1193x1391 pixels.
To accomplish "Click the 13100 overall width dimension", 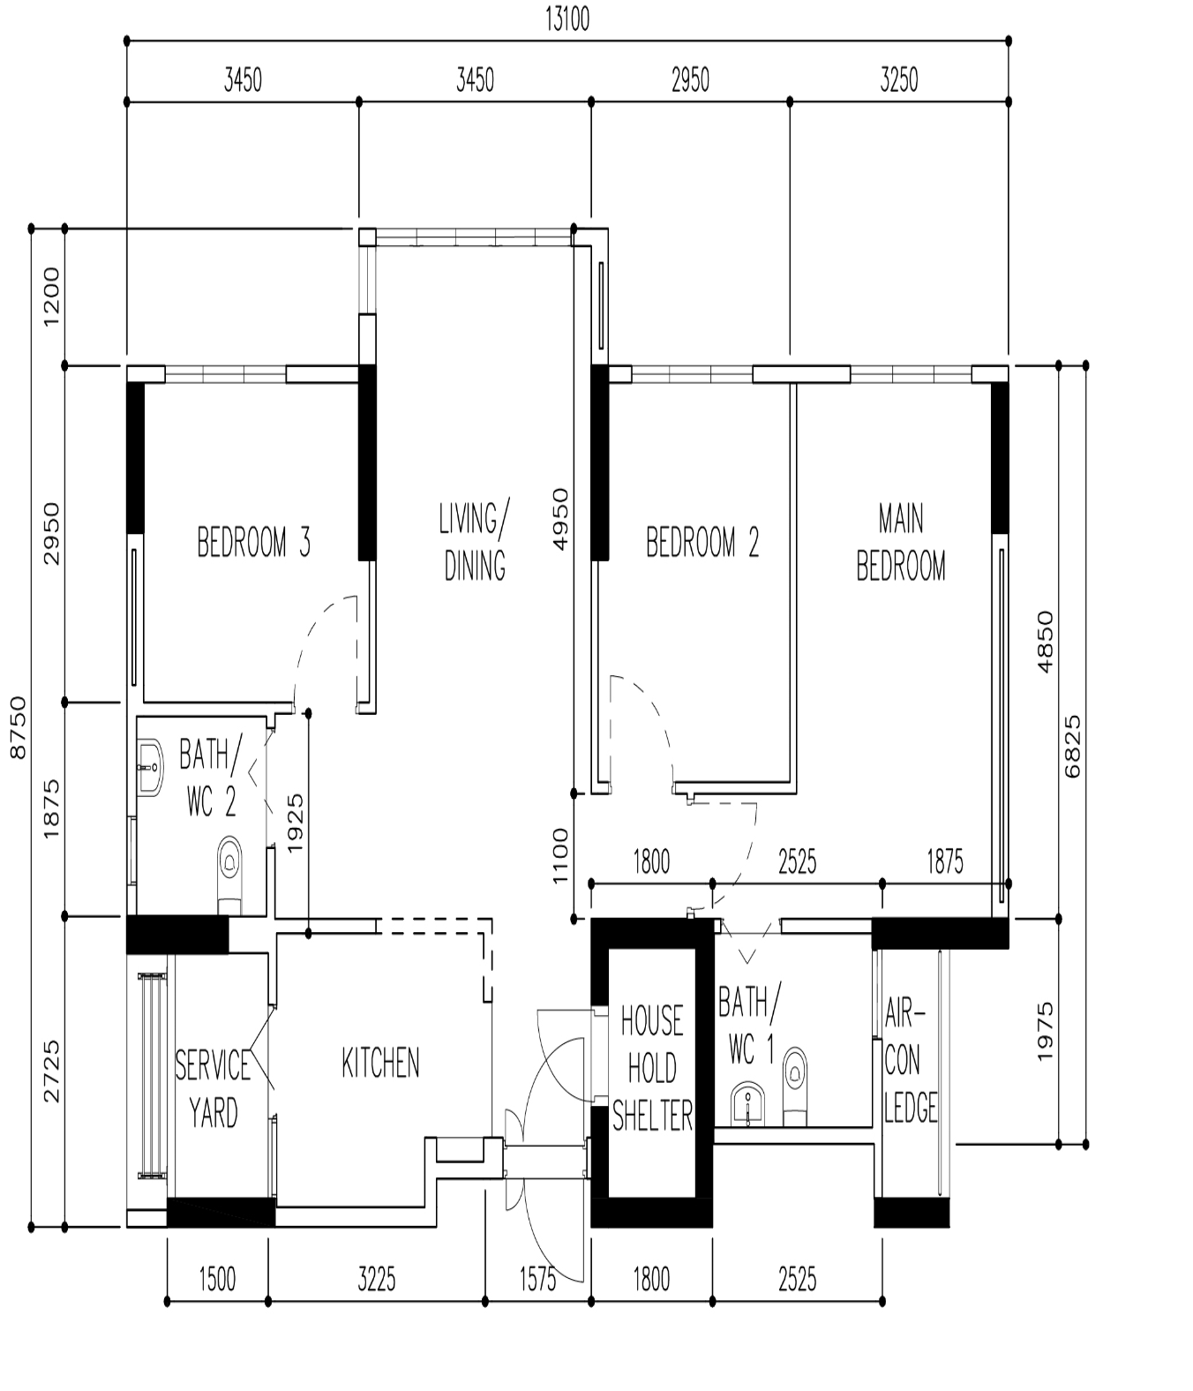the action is point(566,19).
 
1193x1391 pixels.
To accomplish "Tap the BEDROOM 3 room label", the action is point(253,542).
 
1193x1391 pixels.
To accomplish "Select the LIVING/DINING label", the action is point(475,541).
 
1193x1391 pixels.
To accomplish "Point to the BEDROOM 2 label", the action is point(702,542).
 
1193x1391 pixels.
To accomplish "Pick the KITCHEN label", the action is point(380,1063).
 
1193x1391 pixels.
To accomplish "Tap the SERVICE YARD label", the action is point(213,1088).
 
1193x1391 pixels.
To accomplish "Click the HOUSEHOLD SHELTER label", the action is point(652,1068).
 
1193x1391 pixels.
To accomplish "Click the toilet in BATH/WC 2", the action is point(229,874).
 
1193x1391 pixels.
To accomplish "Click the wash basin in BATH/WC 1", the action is point(747,1104).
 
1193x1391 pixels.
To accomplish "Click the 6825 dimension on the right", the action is point(1073,747).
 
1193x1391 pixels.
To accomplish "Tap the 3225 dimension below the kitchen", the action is point(376,1279).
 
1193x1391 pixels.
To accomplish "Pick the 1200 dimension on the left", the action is point(51,297).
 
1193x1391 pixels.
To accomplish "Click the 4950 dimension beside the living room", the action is point(559,519).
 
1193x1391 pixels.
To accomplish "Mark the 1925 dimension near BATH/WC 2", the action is point(295,823).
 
